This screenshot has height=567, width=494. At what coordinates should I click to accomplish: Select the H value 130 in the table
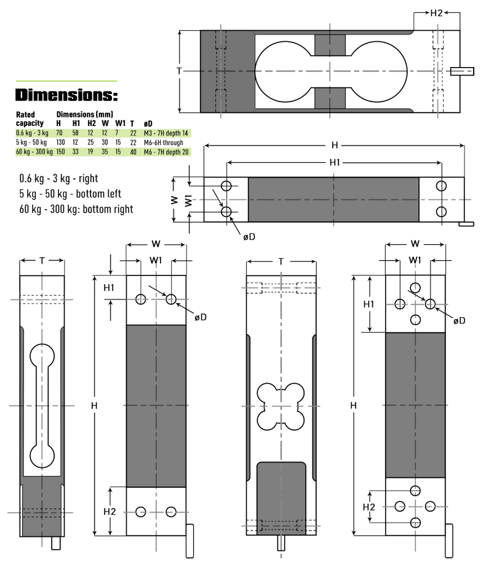(60, 143)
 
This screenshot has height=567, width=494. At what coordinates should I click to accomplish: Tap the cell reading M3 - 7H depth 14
(165, 133)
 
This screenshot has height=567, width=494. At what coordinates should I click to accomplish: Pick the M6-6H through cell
(162, 143)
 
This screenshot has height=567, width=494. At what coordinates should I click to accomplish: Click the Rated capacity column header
(30, 119)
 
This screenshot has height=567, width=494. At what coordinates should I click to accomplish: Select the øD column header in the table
(147, 124)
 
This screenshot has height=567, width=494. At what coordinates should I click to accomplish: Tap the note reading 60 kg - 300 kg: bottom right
(76, 209)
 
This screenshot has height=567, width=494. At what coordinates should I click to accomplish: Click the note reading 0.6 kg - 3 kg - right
(58, 178)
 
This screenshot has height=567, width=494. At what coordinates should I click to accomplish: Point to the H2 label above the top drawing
(436, 13)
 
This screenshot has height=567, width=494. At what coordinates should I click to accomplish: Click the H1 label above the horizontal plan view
(334, 162)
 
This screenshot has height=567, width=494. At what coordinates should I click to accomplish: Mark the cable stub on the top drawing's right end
(462, 71)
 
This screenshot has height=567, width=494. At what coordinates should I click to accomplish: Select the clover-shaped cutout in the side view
(281, 406)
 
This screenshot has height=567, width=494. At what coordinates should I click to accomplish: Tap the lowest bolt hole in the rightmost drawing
(416, 522)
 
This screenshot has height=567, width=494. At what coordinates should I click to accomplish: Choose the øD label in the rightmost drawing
(459, 321)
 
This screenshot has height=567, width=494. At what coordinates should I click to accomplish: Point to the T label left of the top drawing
(179, 71)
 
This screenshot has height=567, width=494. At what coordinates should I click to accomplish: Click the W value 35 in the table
(105, 152)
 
